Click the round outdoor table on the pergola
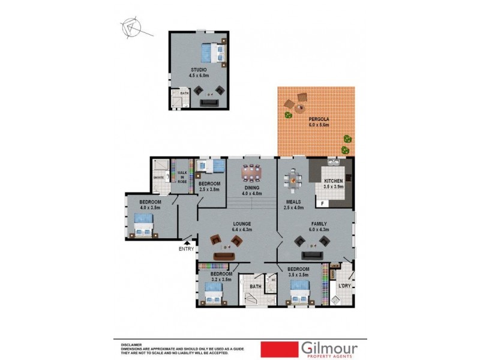[298, 109]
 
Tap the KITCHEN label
[334, 181]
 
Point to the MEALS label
[292, 202]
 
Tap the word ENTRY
[187, 248]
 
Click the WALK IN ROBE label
[181, 177]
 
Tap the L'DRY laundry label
[344, 286]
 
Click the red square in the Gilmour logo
[279, 349]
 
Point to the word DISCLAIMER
[132, 345]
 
